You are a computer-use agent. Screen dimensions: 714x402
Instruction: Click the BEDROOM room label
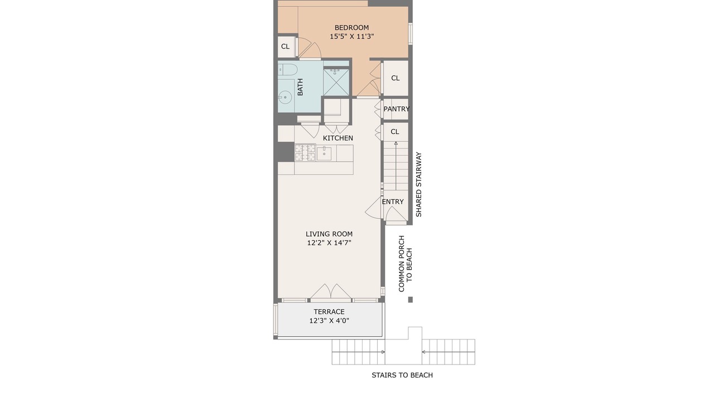tap(351, 28)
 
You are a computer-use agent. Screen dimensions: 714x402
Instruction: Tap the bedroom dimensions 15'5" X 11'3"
tap(351, 36)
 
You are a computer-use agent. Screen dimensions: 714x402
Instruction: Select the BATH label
tap(300, 87)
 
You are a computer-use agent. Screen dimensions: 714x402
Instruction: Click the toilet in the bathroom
tap(287, 69)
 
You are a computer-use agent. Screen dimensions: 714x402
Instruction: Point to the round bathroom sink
tap(284, 97)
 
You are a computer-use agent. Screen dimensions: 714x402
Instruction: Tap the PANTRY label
tap(396, 109)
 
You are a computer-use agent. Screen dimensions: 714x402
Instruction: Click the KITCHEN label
tap(338, 138)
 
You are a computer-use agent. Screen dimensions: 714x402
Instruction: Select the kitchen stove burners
tap(305, 152)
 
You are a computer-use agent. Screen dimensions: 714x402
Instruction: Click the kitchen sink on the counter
tap(324, 153)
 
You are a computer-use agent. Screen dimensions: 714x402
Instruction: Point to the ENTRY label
tap(393, 202)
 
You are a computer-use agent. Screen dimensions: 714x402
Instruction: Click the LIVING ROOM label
tap(329, 234)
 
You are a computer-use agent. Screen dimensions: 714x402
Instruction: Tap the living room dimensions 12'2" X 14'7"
tap(329, 243)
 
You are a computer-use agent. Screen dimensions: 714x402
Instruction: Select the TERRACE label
tap(329, 312)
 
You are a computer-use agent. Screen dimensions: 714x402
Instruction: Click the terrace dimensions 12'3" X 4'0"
tap(329, 320)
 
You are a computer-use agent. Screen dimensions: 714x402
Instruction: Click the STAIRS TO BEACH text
tap(402, 375)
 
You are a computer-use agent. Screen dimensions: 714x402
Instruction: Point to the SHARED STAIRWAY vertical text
tap(418, 184)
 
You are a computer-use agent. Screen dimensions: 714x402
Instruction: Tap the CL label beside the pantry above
tap(395, 78)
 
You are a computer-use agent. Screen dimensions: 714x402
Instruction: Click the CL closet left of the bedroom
tap(285, 46)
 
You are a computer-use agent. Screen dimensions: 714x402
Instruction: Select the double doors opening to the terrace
tap(331, 291)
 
